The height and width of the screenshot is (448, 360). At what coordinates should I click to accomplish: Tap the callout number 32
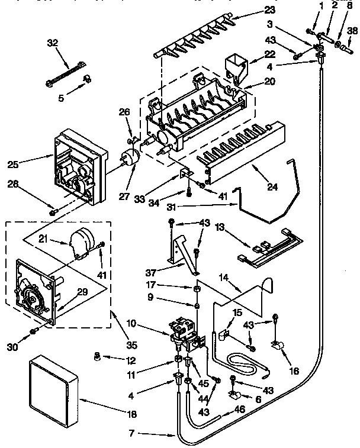[x=53, y=43]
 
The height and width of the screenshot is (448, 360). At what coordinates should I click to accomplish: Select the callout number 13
[x=220, y=227]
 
